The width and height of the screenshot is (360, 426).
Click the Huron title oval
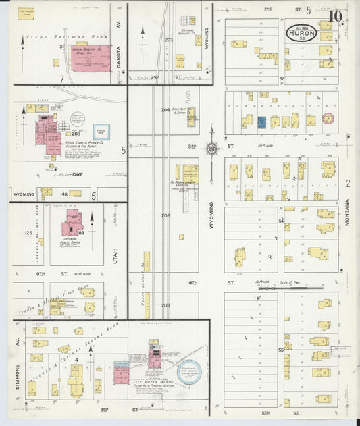pyautogui.click(x=303, y=31)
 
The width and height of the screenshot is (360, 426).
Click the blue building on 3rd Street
pyautogui.click(x=261, y=122)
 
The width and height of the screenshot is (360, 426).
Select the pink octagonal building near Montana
pyautogui.click(x=328, y=119)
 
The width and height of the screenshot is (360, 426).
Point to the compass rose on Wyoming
pyautogui.click(x=212, y=148)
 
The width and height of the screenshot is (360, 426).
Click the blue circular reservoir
pyautogui.click(x=187, y=373)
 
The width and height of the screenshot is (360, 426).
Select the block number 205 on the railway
pyautogui.click(x=165, y=216)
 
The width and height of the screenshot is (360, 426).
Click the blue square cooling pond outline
pyautogui.click(x=101, y=130)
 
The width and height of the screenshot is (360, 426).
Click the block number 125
pyautogui.click(x=28, y=233)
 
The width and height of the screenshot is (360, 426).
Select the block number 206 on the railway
pyautogui.click(x=165, y=305)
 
